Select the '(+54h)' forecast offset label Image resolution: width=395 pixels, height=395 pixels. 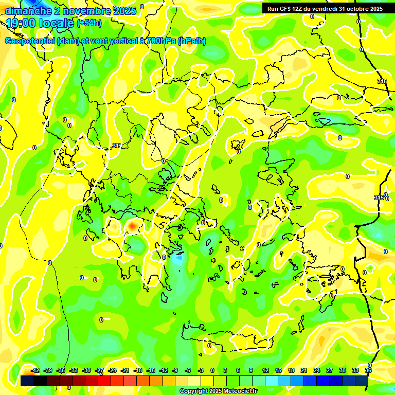(89, 23)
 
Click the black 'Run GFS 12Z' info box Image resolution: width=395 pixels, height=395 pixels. (325, 9)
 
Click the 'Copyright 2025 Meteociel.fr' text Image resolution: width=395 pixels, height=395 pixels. (219, 391)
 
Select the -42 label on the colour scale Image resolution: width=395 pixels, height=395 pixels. (35, 370)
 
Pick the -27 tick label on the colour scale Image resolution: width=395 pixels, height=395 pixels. (99, 370)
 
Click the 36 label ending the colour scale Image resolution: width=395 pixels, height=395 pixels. (368, 370)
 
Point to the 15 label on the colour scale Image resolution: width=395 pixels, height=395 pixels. (278, 370)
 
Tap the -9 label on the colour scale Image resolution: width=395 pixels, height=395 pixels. (175, 370)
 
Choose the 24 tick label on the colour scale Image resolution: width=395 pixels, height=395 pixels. (317, 370)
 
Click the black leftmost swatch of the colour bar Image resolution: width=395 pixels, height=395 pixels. (27, 381)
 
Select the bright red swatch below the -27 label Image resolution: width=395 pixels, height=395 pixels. (104, 381)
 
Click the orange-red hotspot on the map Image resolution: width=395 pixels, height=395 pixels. (133, 225)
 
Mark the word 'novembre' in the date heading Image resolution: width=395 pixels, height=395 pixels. (78, 10)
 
